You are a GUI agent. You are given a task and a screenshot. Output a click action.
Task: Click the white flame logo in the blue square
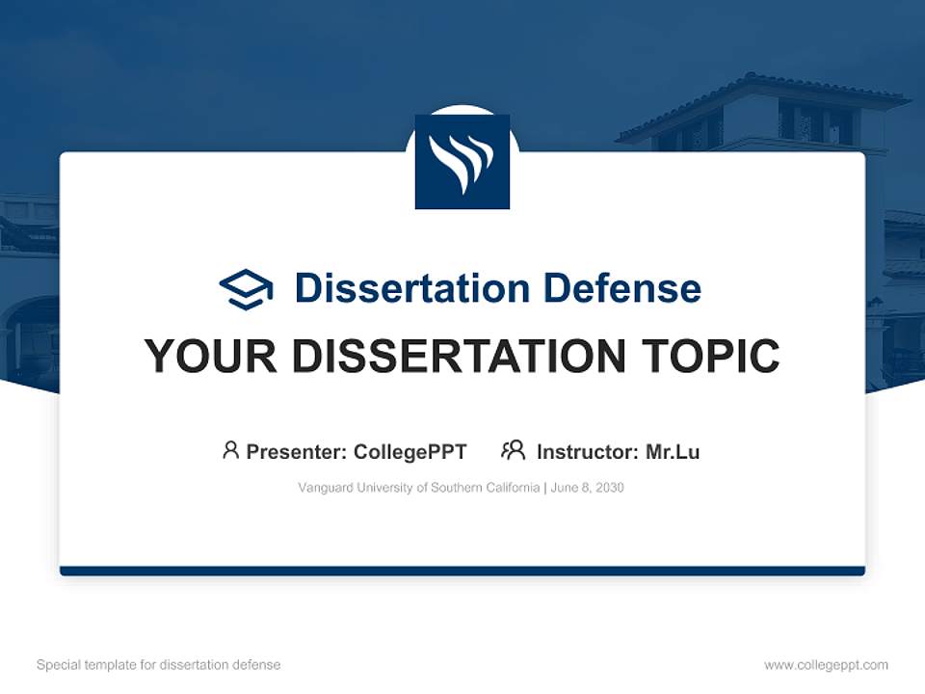(462, 162)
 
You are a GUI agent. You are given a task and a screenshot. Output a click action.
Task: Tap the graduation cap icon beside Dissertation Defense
(246, 288)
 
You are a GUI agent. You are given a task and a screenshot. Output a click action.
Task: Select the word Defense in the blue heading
(621, 288)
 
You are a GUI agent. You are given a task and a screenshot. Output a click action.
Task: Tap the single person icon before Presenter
(230, 450)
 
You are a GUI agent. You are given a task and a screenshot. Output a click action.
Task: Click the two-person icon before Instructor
(513, 450)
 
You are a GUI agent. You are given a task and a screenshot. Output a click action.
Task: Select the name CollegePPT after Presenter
(410, 451)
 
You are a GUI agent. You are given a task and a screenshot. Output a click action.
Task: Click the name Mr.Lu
(673, 451)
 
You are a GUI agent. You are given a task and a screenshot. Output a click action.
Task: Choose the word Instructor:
(588, 451)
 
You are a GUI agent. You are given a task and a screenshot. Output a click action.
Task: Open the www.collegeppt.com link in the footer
(826, 665)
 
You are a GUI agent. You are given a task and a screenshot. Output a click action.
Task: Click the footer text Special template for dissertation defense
(158, 665)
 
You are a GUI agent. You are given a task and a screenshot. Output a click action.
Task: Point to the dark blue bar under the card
(462, 571)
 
